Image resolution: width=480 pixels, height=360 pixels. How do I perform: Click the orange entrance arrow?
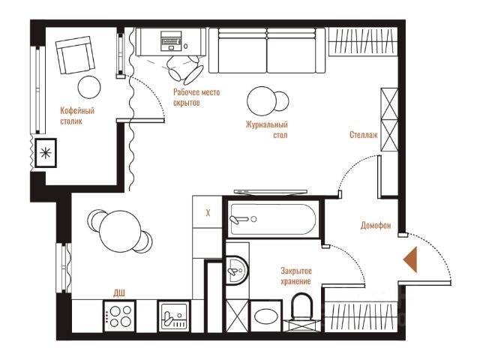(410, 259)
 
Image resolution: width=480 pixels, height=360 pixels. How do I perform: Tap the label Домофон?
(376, 225)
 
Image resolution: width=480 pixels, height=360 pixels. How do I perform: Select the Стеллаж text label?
(364, 135)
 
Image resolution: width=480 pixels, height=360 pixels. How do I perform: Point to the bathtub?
(273, 219)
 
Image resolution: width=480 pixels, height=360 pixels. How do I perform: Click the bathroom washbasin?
(237, 270)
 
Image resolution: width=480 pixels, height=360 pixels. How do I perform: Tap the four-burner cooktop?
(119, 316)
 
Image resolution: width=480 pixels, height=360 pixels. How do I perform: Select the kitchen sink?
(173, 316)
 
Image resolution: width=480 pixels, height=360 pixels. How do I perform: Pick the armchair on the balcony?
(75, 55)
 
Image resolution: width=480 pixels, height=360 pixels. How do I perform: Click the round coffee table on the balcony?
(89, 87)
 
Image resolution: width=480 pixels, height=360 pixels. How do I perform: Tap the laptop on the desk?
(171, 40)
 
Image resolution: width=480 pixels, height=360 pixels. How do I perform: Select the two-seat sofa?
(267, 50)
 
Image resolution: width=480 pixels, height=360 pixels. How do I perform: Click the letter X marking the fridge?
(208, 213)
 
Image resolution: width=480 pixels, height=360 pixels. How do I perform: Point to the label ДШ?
(119, 293)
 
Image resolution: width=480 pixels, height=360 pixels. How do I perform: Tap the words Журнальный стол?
(267, 130)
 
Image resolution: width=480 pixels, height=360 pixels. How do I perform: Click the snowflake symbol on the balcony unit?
(46, 153)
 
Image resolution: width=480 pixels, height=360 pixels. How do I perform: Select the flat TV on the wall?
(270, 192)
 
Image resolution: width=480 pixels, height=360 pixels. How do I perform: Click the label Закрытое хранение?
(296, 276)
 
